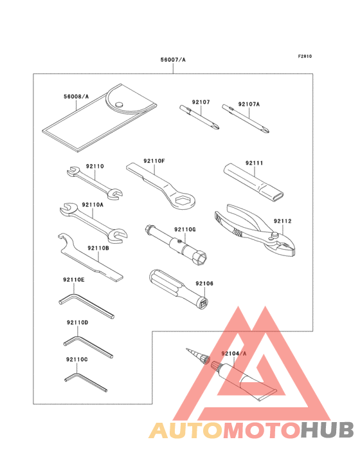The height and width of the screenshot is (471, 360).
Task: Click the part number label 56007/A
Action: point(173,60)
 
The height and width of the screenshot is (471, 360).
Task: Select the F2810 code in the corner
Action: point(305,56)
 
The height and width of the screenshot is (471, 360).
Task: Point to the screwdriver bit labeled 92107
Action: point(199,119)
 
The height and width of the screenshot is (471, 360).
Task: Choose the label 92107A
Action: point(248,104)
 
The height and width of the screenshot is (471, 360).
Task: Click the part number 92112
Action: point(283,221)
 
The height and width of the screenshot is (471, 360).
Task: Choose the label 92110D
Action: point(77,322)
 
